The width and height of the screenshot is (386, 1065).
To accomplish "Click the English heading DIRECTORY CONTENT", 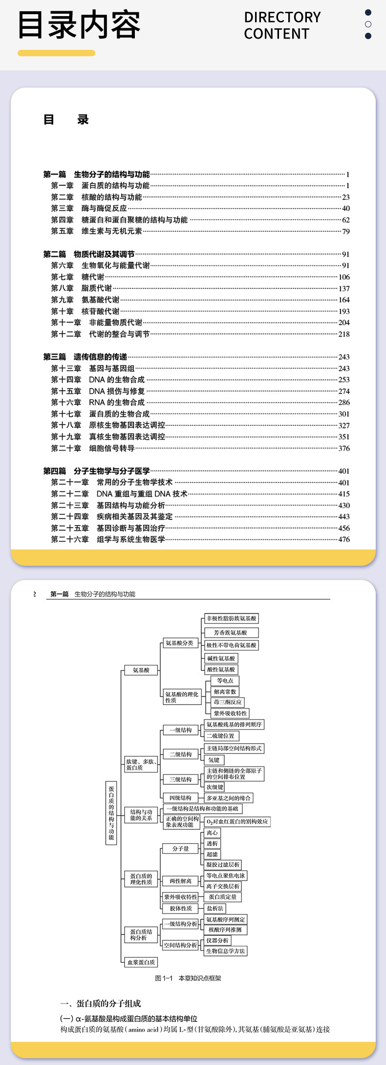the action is [x=282, y=25].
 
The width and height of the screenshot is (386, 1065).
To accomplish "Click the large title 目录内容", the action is [x=79, y=25].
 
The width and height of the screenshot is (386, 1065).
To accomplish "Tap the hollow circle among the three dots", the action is [x=368, y=24].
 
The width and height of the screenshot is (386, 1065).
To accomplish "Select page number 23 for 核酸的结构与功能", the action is [x=345, y=197].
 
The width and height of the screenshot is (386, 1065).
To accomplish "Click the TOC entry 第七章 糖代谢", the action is [x=78, y=277].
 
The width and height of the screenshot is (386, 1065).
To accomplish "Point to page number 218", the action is [x=344, y=334].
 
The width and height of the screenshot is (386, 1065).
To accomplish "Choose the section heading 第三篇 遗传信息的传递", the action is [x=85, y=357].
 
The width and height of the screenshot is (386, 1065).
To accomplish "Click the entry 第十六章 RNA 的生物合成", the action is [x=98, y=402].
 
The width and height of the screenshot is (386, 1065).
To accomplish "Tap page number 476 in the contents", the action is [x=344, y=539].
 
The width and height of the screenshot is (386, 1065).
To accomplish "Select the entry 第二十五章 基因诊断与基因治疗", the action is [x=108, y=528].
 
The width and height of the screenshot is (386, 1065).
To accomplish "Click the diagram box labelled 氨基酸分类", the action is [x=179, y=643].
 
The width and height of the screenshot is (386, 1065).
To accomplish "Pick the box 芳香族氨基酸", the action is [x=230, y=632].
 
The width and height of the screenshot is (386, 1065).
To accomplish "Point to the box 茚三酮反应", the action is [x=227, y=702].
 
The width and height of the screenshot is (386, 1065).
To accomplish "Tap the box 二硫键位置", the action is [x=220, y=736].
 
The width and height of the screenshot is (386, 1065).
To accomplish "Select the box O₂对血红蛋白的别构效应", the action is [x=237, y=821].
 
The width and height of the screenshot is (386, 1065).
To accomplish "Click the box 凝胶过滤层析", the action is [x=223, y=865].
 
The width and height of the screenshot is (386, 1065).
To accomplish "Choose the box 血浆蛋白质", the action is [x=141, y=962].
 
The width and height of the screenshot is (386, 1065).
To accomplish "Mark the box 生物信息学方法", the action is [x=226, y=951].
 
